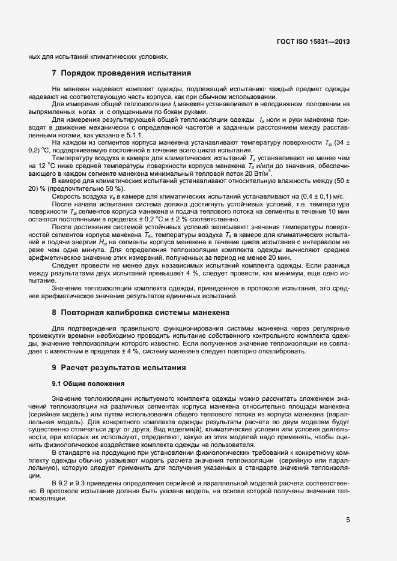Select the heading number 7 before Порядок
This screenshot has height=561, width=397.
[55, 73]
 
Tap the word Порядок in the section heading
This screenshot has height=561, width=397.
[80, 73]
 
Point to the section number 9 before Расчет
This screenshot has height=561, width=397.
[55, 367]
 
